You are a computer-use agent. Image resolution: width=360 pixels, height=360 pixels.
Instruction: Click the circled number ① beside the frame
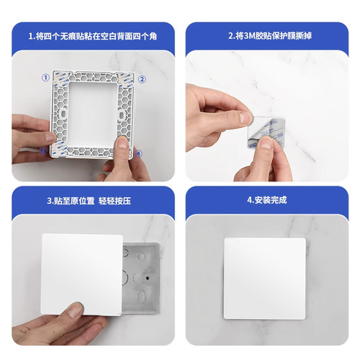click(x=45, y=77)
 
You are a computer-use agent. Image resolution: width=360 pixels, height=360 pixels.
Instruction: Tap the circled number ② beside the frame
click(x=142, y=79)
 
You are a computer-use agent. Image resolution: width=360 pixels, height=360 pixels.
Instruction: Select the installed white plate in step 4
click(x=266, y=277)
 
